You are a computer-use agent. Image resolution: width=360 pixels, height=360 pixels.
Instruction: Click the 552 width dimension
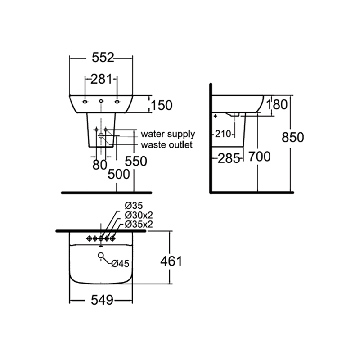pyautogui.click(x=103, y=58)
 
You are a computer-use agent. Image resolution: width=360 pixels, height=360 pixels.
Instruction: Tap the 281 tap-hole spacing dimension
pyautogui.click(x=101, y=79)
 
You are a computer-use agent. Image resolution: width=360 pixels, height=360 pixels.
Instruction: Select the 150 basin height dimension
pyautogui.click(x=162, y=105)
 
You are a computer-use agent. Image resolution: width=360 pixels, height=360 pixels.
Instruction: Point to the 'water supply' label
pyautogui.click(x=168, y=134)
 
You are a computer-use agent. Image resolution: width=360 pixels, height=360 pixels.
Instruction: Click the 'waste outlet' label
pyautogui.click(x=166, y=145)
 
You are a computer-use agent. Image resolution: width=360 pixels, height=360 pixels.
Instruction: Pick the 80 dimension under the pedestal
pyautogui.click(x=99, y=165)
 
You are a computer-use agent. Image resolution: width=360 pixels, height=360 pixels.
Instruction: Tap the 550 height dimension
pyautogui.click(x=136, y=161)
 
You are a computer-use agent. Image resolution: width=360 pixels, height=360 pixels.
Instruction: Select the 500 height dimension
pyautogui.click(x=119, y=174)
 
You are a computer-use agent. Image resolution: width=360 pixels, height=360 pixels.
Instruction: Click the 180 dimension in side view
pyautogui.click(x=276, y=105)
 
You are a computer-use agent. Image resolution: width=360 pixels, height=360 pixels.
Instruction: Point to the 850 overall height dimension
pyautogui.click(x=293, y=138)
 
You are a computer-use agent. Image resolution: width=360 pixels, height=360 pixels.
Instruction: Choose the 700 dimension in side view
pyautogui.click(x=260, y=157)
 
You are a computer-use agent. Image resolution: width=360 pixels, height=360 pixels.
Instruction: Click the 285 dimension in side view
pyautogui.click(x=229, y=158)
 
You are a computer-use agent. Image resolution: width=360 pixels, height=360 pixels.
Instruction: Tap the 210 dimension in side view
pyautogui.click(x=223, y=134)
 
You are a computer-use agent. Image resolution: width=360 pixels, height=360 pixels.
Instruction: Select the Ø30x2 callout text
pyautogui.click(x=139, y=215)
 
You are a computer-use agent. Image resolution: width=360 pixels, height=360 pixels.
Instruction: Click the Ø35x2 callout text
pyautogui.click(x=139, y=224)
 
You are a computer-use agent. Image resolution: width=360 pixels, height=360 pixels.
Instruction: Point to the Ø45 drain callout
pyautogui.click(x=120, y=264)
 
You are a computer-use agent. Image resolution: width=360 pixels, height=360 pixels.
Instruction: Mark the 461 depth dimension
pyautogui.click(x=171, y=261)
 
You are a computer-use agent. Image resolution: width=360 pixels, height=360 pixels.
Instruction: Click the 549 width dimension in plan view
pyautogui.click(x=102, y=300)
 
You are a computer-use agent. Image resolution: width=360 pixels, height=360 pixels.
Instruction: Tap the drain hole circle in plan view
pyautogui.click(x=100, y=255)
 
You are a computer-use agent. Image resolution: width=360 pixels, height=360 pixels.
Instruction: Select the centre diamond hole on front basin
pyautogui.click(x=101, y=101)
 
